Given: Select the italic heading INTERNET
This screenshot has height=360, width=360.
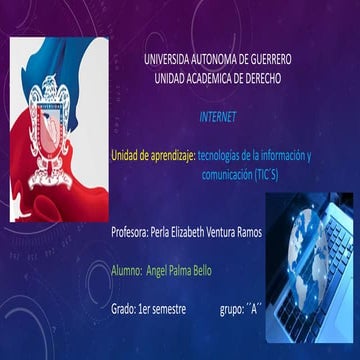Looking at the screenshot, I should pos(218,118).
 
